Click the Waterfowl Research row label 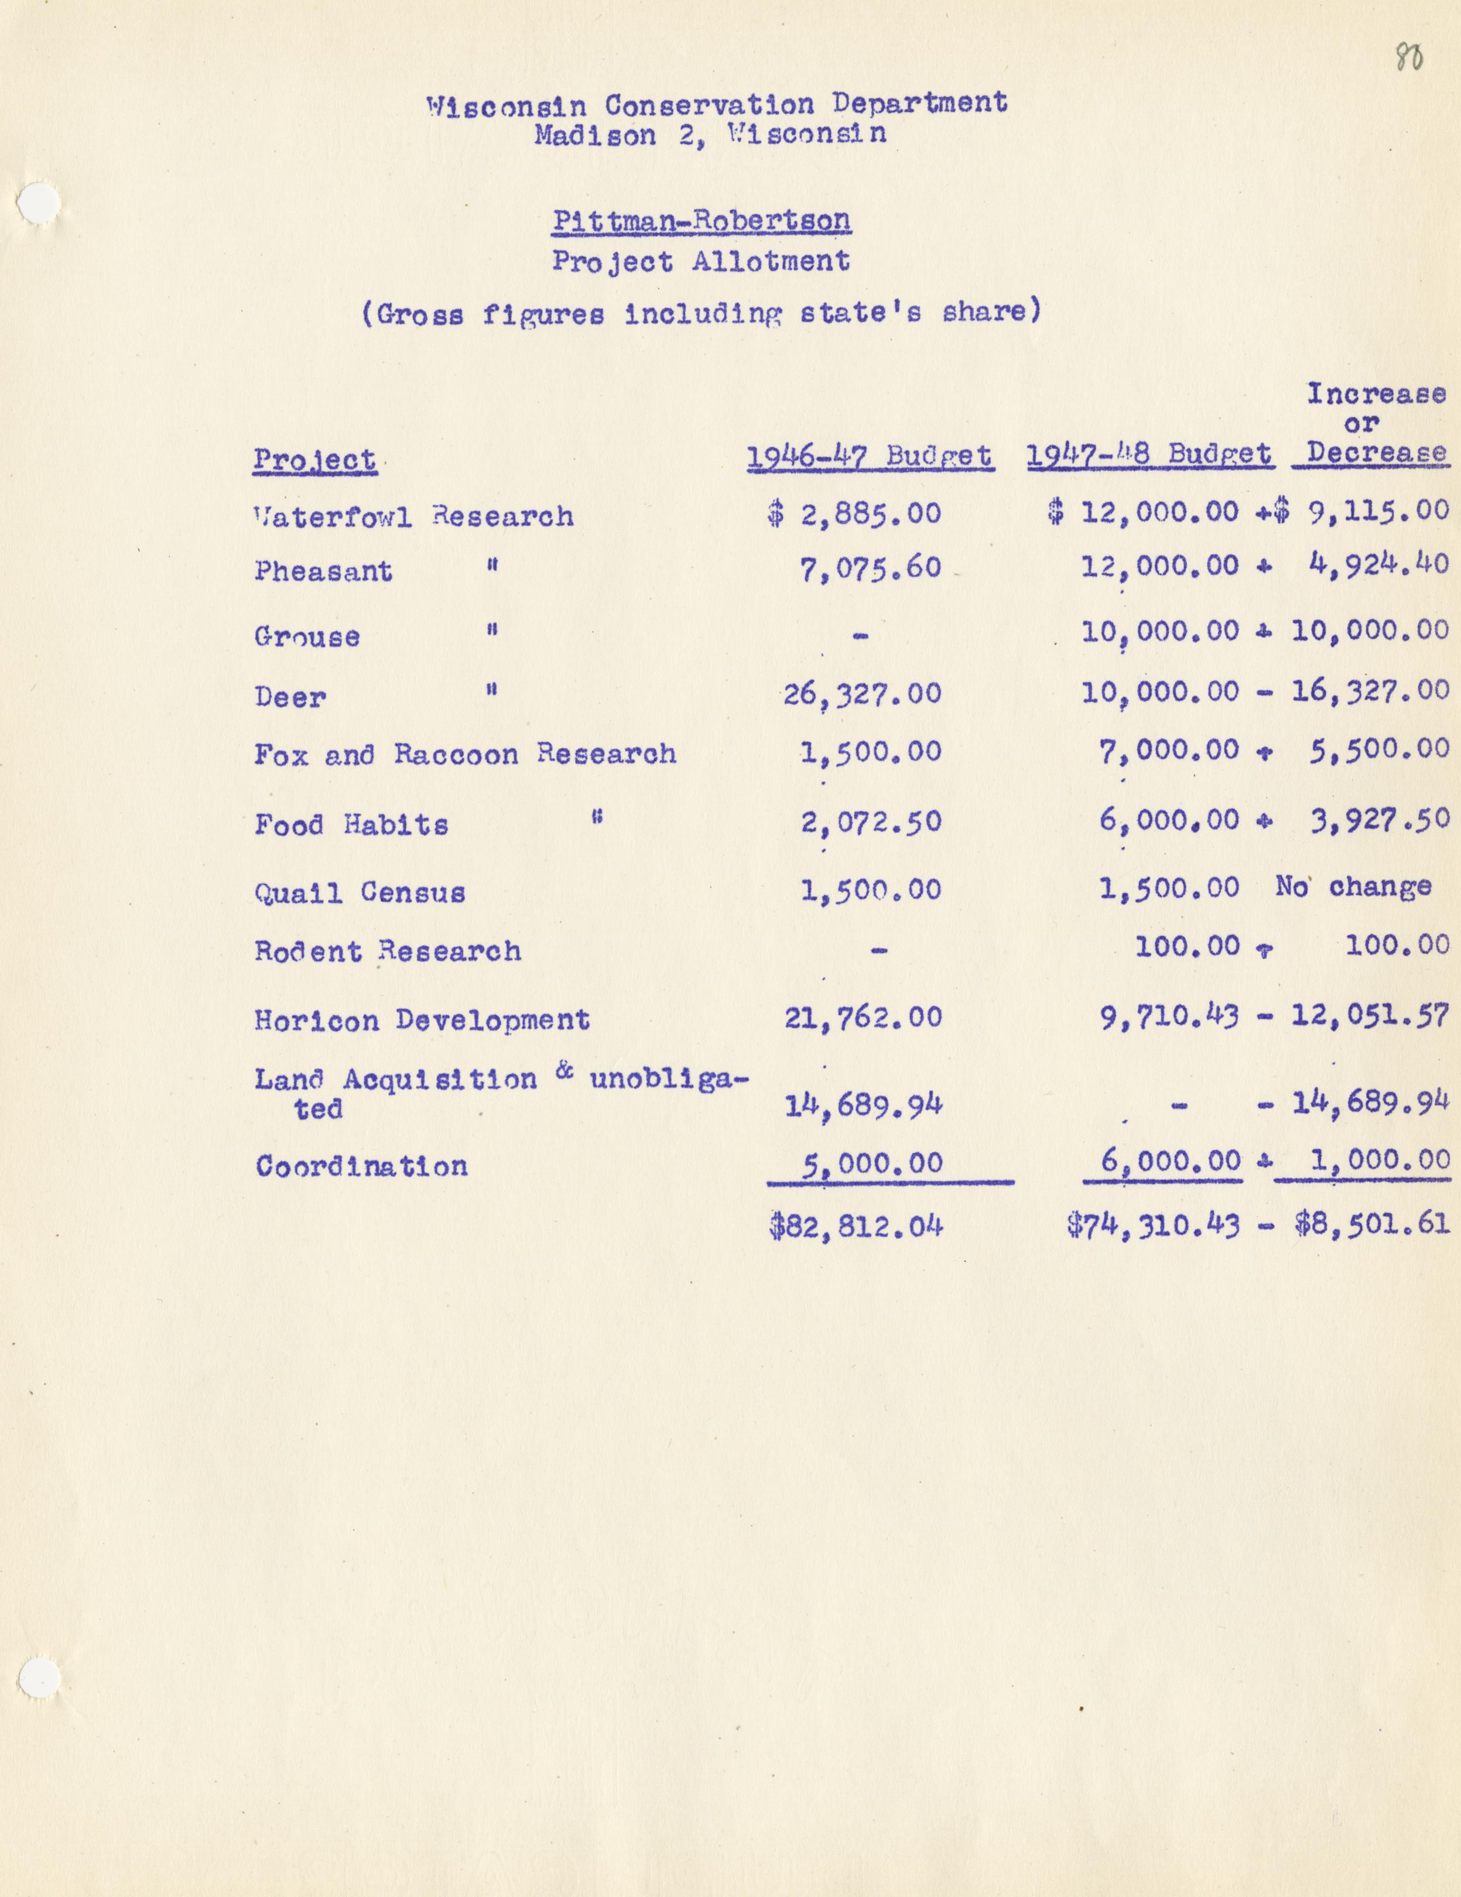(x=413, y=517)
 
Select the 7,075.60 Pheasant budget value (x=870, y=568)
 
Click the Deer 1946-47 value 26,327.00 (x=861, y=693)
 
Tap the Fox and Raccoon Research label (x=465, y=754)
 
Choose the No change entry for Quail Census (x=1353, y=887)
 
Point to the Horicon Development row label (x=422, y=1019)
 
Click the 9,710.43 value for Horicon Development (x=1169, y=1015)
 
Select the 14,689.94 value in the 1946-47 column (x=863, y=1106)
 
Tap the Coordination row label (x=361, y=1166)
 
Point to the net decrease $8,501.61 (x=1371, y=1224)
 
